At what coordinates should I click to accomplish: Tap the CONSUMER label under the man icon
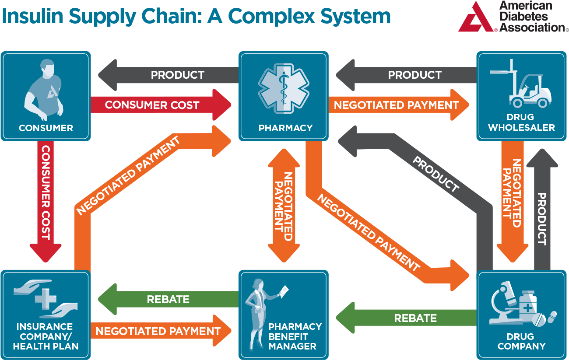click(x=46, y=128)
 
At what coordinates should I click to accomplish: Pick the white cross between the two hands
click(x=46, y=299)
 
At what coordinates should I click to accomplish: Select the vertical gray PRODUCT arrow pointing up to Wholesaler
click(x=542, y=210)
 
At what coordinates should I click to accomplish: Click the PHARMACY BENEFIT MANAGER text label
click(x=295, y=336)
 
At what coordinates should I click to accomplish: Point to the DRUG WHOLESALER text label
click(x=521, y=122)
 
